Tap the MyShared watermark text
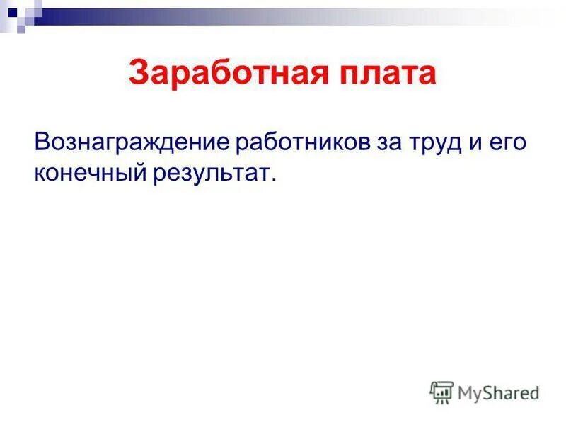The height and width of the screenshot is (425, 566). pyautogui.click(x=497, y=392)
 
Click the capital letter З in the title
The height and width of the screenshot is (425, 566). pyautogui.click(x=139, y=74)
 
